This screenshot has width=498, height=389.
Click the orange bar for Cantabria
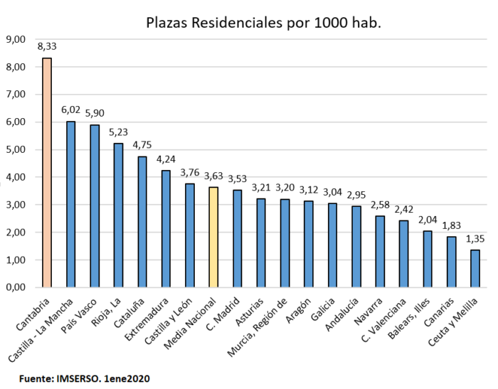[x=47, y=173]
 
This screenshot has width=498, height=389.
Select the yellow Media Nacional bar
[x=213, y=238]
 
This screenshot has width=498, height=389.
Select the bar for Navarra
[x=380, y=252]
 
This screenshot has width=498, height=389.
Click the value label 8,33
[x=47, y=47]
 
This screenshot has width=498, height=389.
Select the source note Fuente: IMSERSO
[x=85, y=378]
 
